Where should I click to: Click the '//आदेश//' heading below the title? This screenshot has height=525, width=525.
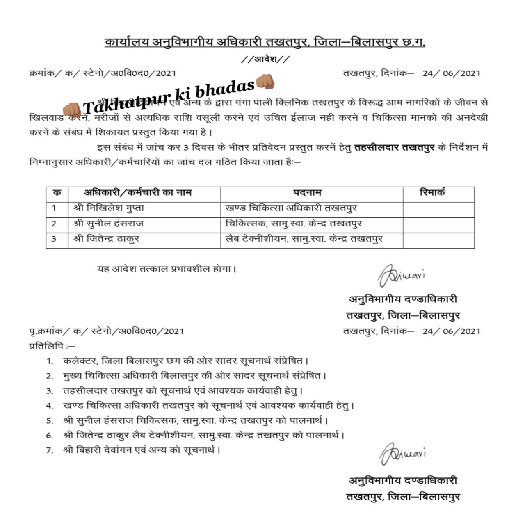point(265,59)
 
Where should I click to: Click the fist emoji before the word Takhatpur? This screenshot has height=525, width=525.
point(71,109)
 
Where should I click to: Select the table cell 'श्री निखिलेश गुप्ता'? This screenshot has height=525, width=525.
point(109,208)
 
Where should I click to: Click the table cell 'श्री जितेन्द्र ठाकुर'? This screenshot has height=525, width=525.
point(106,239)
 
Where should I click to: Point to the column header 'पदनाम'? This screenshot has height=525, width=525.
point(307,192)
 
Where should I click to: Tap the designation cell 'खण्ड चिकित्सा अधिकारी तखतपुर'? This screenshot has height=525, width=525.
point(291,208)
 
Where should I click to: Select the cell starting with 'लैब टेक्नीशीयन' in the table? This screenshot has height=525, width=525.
point(304,239)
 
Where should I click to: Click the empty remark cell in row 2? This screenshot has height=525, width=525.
point(438,224)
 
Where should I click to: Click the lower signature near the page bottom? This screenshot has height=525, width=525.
point(402,454)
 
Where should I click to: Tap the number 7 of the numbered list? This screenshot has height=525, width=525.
point(50,450)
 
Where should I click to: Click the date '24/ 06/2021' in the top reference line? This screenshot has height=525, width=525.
point(451,73)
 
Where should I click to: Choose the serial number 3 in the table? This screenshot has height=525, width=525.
point(54,239)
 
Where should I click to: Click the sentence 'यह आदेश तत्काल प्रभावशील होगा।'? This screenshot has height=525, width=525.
point(167,269)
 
